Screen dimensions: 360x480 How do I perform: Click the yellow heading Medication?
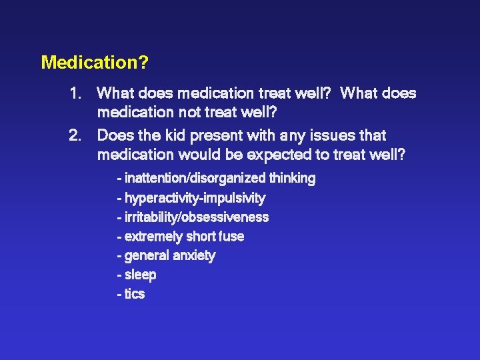(95, 63)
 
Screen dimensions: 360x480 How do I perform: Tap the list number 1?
(75, 94)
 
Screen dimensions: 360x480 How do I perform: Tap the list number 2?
(75, 136)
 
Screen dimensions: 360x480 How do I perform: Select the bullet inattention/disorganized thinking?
(215, 179)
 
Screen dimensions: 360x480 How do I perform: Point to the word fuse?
(231, 237)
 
